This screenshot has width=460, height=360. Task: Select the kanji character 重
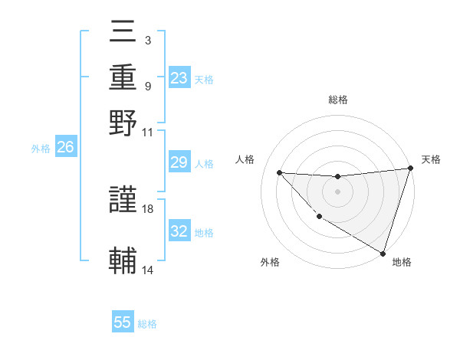pyautogui.click(x=123, y=79)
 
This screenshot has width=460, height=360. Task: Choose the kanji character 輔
pyautogui.click(x=123, y=260)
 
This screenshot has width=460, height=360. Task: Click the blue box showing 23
pyautogui.click(x=179, y=78)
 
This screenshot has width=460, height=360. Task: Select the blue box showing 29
pyautogui.click(x=179, y=162)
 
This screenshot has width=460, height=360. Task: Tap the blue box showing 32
pyautogui.click(x=179, y=231)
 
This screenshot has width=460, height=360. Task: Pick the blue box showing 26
pyautogui.click(x=65, y=148)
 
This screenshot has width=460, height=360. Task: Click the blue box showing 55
pyautogui.click(x=123, y=322)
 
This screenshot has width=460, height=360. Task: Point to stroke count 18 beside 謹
pyautogui.click(x=148, y=208)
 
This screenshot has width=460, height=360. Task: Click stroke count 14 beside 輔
pyautogui.click(x=148, y=270)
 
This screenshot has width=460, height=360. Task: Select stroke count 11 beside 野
pyautogui.click(x=148, y=131)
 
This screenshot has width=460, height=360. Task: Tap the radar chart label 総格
pyautogui.click(x=337, y=100)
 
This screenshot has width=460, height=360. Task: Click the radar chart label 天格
pyautogui.click(x=431, y=159)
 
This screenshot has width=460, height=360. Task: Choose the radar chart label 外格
pyautogui.click(x=270, y=262)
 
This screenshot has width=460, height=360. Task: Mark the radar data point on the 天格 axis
pyautogui.click(x=410, y=169)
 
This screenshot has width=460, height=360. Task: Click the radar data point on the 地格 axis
pyautogui.click(x=383, y=253)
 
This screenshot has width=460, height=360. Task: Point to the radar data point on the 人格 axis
pyautogui.click(x=279, y=172)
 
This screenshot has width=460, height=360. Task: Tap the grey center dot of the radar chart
pyautogui.click(x=337, y=191)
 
